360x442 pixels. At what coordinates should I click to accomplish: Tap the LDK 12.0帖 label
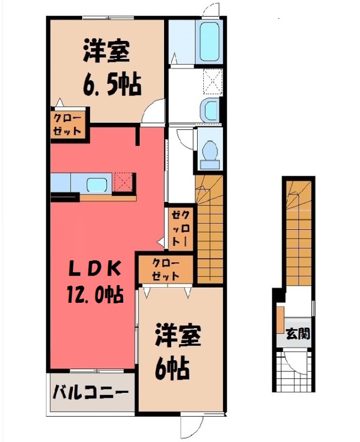pyautogui.click(x=93, y=282)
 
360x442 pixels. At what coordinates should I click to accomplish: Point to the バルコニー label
pyautogui.click(x=91, y=393)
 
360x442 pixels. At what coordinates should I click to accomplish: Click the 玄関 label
pyautogui.click(x=298, y=334)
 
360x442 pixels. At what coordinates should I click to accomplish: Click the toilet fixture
pyautogui.click(x=209, y=151)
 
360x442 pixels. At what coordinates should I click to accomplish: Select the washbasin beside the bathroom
pyautogui.click(x=210, y=110)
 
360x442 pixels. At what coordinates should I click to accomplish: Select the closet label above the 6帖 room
pyautogui.click(x=165, y=268)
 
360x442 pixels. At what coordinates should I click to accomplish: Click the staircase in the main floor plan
pyautogui.click(x=210, y=227)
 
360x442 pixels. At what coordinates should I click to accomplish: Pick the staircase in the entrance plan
pyautogui.click(x=299, y=232)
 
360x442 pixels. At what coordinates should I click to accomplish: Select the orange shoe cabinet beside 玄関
pyautogui.click(x=280, y=320)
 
